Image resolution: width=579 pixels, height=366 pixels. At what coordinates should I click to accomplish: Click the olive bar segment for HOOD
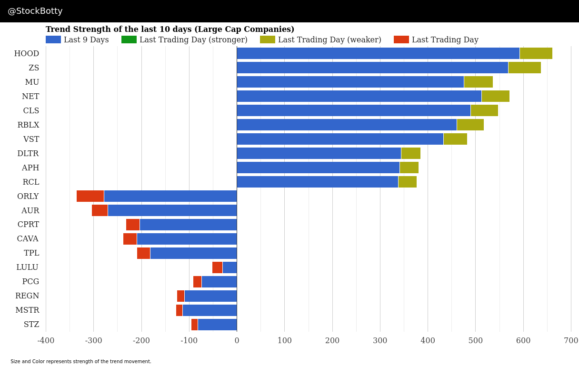tap(536, 53)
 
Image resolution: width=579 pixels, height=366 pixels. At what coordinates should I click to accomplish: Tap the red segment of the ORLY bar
tap(90, 196)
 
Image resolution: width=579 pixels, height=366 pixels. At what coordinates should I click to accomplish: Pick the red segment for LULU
tap(217, 267)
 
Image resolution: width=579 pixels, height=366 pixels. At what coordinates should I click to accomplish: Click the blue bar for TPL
tap(193, 253)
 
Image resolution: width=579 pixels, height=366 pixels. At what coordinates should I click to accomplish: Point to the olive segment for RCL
tap(407, 182)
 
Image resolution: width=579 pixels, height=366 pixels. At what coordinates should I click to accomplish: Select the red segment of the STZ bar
tap(194, 325)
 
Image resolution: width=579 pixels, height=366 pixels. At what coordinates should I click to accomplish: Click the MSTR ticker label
tap(27, 310)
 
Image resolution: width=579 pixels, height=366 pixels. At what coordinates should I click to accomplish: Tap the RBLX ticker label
tap(28, 125)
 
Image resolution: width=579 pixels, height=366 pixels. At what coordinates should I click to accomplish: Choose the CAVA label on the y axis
tap(28, 239)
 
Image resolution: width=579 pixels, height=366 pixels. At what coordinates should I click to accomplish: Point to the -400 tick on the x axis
tap(46, 341)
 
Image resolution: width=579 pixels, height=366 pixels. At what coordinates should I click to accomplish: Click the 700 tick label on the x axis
tap(570, 341)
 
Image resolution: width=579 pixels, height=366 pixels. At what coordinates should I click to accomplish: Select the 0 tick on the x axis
tap(237, 341)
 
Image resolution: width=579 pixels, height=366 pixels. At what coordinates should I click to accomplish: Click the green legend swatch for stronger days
tap(129, 40)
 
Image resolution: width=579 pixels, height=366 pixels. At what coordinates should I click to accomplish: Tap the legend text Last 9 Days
tap(86, 40)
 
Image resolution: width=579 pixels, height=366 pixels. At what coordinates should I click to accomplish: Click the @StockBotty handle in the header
tap(35, 11)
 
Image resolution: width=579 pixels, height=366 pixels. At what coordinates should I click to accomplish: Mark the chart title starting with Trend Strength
tap(170, 30)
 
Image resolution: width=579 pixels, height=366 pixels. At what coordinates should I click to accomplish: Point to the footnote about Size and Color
tap(81, 362)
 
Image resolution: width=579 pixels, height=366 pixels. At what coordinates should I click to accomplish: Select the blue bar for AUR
tap(172, 210)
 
